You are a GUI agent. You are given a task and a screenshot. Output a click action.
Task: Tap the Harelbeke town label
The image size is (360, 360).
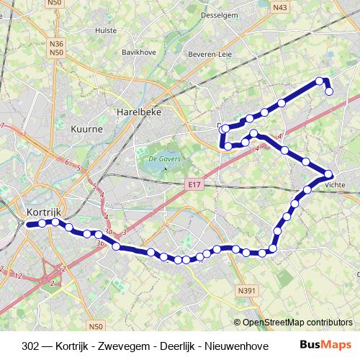138,112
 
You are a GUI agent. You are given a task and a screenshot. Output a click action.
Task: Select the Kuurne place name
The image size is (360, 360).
88,128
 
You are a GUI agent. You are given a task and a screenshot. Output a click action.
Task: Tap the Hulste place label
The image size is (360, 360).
105,31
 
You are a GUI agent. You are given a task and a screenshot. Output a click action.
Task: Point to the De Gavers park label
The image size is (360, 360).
163,158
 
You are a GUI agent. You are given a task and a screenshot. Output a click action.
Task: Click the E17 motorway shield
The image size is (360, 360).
192,185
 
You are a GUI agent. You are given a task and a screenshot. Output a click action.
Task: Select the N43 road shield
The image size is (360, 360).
280,7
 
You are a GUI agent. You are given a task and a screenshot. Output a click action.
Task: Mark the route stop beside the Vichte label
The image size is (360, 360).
329,174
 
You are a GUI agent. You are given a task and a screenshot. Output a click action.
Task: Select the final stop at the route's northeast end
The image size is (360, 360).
329,91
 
